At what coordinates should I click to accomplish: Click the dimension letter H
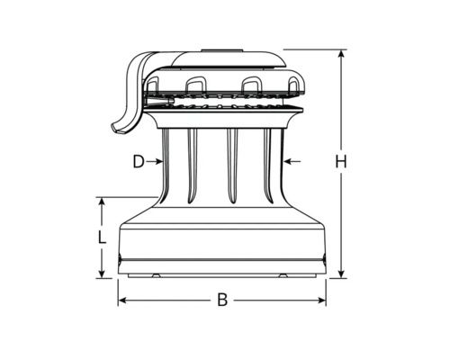[x=341, y=162]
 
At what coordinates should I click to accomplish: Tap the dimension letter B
[x=222, y=300]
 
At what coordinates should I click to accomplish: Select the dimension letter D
[x=139, y=162]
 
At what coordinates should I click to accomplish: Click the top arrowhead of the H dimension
[x=341, y=54]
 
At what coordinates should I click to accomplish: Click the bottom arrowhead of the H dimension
[x=341, y=274]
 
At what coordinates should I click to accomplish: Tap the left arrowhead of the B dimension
[x=122, y=300]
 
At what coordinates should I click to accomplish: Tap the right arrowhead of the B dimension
[x=321, y=300]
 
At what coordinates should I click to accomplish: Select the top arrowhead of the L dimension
[x=103, y=202]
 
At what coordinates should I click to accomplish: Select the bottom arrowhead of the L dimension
[x=103, y=274]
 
